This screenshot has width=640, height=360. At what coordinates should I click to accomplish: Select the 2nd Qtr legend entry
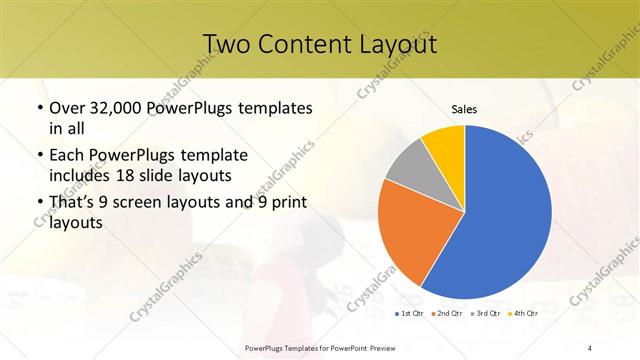tap(446, 313)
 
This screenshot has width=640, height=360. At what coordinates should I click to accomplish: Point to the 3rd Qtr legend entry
tap(486, 313)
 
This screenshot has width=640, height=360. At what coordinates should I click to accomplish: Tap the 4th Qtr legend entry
tap(525, 313)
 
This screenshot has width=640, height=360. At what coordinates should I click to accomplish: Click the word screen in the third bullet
tap(147, 205)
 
